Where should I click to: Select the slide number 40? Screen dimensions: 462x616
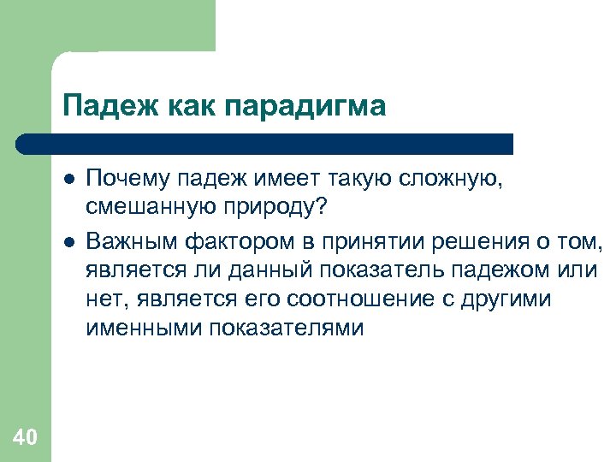[x=25, y=438]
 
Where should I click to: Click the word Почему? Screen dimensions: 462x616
[x=129, y=179]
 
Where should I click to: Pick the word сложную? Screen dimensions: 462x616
[x=464, y=179]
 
